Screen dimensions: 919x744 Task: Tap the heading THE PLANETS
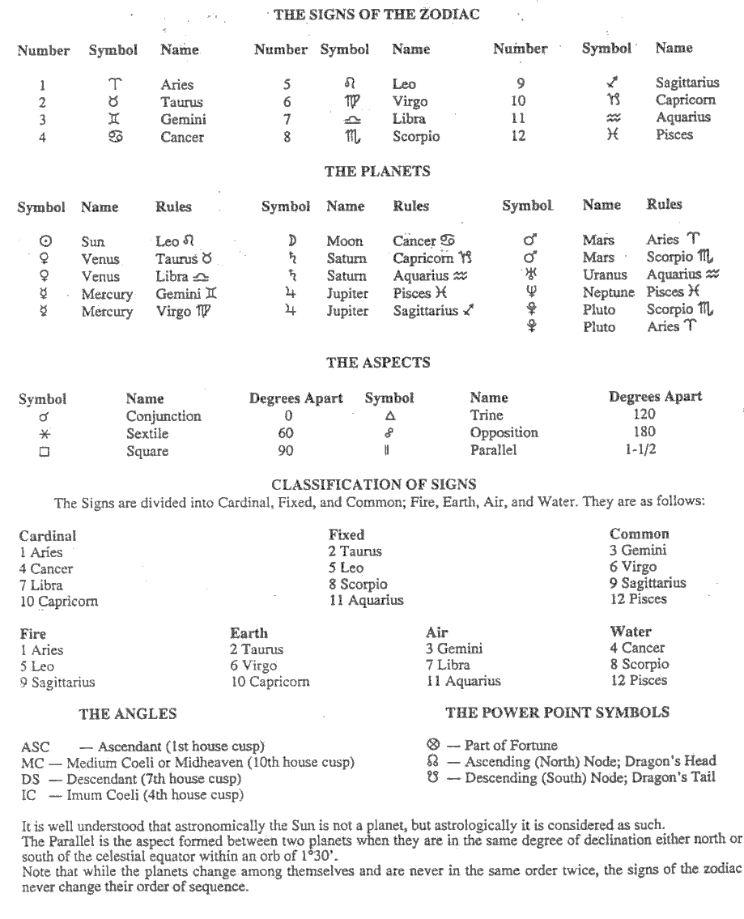376,172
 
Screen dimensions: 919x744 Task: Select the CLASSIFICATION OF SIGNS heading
373,485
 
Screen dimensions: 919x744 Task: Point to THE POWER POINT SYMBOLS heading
558,713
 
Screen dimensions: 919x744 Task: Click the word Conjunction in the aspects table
164,416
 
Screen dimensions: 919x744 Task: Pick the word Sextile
147,434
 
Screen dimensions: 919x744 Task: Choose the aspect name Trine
487,415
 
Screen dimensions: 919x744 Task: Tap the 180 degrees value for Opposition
647,432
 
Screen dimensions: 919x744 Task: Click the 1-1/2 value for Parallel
647,450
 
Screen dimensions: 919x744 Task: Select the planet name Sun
93,241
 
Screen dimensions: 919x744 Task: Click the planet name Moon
345,241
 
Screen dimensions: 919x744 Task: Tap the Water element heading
631,632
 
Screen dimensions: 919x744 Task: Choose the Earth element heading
249,633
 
